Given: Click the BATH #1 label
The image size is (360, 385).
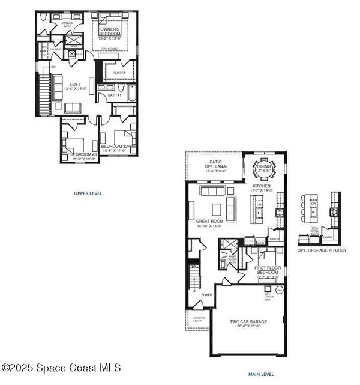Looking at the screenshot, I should click(115, 94).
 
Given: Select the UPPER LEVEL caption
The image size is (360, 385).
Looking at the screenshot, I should click(88, 193).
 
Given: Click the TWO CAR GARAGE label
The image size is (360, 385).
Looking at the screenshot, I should click(248, 322).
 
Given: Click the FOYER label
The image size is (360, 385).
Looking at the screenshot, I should click(206, 295).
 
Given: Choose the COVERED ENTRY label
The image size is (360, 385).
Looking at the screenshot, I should click(195, 320).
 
